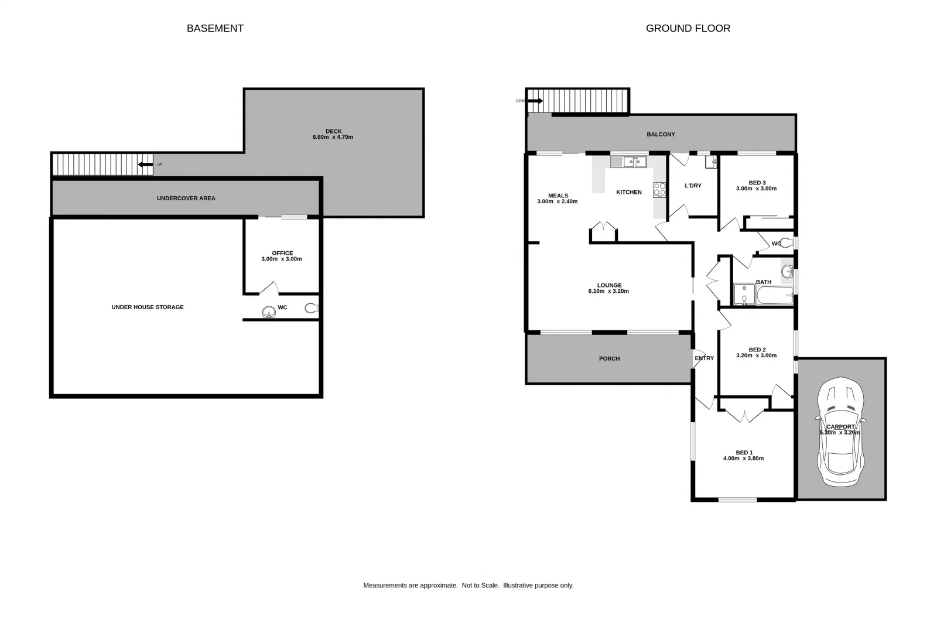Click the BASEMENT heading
[x=215, y=28]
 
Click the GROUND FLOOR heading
[x=688, y=28]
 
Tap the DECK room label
[x=333, y=131]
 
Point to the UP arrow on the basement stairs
[x=145, y=165]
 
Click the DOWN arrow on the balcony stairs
[x=535, y=101]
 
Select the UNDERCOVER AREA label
[x=186, y=198]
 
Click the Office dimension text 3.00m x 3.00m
[x=282, y=259]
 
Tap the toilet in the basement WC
[x=311, y=308]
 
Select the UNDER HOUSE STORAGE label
[x=148, y=307]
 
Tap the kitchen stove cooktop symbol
[x=659, y=190]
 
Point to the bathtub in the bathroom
[x=774, y=295]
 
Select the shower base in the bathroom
[x=744, y=295]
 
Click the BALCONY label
[x=661, y=134]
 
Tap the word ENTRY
[x=704, y=358]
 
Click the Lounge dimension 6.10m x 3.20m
[x=608, y=291]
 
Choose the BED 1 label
[x=744, y=453]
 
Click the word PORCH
[x=609, y=358]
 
